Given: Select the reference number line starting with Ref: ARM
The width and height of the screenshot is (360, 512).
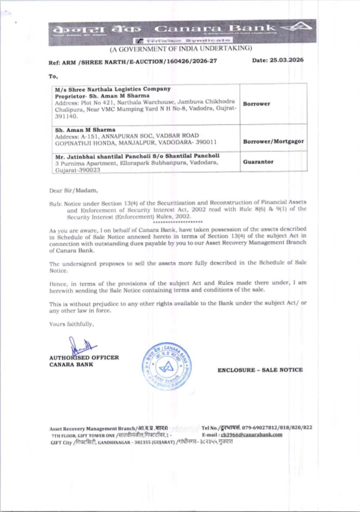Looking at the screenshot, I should click(x=133, y=62).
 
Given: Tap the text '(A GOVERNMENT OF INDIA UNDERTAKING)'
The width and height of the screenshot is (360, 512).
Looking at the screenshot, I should click(x=181, y=49).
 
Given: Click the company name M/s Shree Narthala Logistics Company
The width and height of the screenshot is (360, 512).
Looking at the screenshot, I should click(x=113, y=89).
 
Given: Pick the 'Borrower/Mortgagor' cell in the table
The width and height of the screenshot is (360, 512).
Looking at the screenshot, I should click(x=273, y=142).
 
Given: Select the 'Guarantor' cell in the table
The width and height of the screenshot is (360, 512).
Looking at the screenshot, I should click(x=258, y=162).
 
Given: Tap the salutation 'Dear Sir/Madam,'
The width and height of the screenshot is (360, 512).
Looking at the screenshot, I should click(x=73, y=190).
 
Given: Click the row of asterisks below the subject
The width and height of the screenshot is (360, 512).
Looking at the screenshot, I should click(x=178, y=222).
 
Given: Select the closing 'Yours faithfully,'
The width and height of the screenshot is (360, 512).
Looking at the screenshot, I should click(x=71, y=324).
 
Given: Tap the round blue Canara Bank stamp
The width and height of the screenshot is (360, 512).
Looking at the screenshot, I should click(x=166, y=366).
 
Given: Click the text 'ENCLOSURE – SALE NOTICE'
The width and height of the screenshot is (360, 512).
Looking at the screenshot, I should click(x=260, y=370).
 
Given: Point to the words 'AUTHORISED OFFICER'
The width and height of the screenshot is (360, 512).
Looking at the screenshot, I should click(x=84, y=358).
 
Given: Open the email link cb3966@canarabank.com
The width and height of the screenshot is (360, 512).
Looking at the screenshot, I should click(x=252, y=435).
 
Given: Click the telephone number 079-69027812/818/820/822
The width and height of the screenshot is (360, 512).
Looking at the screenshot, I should click(x=277, y=428).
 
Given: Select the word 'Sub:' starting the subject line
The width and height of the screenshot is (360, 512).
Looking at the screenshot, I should click(x=55, y=204).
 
